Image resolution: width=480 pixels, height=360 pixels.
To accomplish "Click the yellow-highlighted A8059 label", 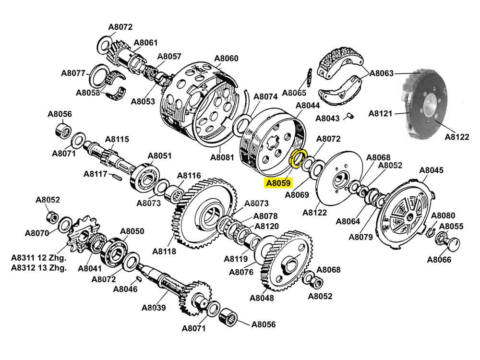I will [x=278, y=183].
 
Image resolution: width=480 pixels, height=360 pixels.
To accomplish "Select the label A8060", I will [x=226, y=59].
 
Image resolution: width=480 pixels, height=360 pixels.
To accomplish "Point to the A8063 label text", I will [x=382, y=73].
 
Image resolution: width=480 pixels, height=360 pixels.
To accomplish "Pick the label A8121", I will [x=380, y=114].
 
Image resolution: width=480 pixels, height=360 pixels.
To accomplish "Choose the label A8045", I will [x=432, y=170].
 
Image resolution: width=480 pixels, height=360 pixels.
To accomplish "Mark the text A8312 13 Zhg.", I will [x=38, y=268].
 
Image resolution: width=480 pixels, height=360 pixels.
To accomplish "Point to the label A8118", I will [x=164, y=251].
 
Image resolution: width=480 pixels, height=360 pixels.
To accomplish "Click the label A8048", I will [x=262, y=298].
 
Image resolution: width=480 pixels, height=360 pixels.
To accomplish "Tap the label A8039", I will [x=154, y=308].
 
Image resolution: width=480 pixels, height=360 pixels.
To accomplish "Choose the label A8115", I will [x=117, y=139].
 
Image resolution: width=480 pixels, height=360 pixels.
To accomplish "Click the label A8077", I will [x=73, y=73].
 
